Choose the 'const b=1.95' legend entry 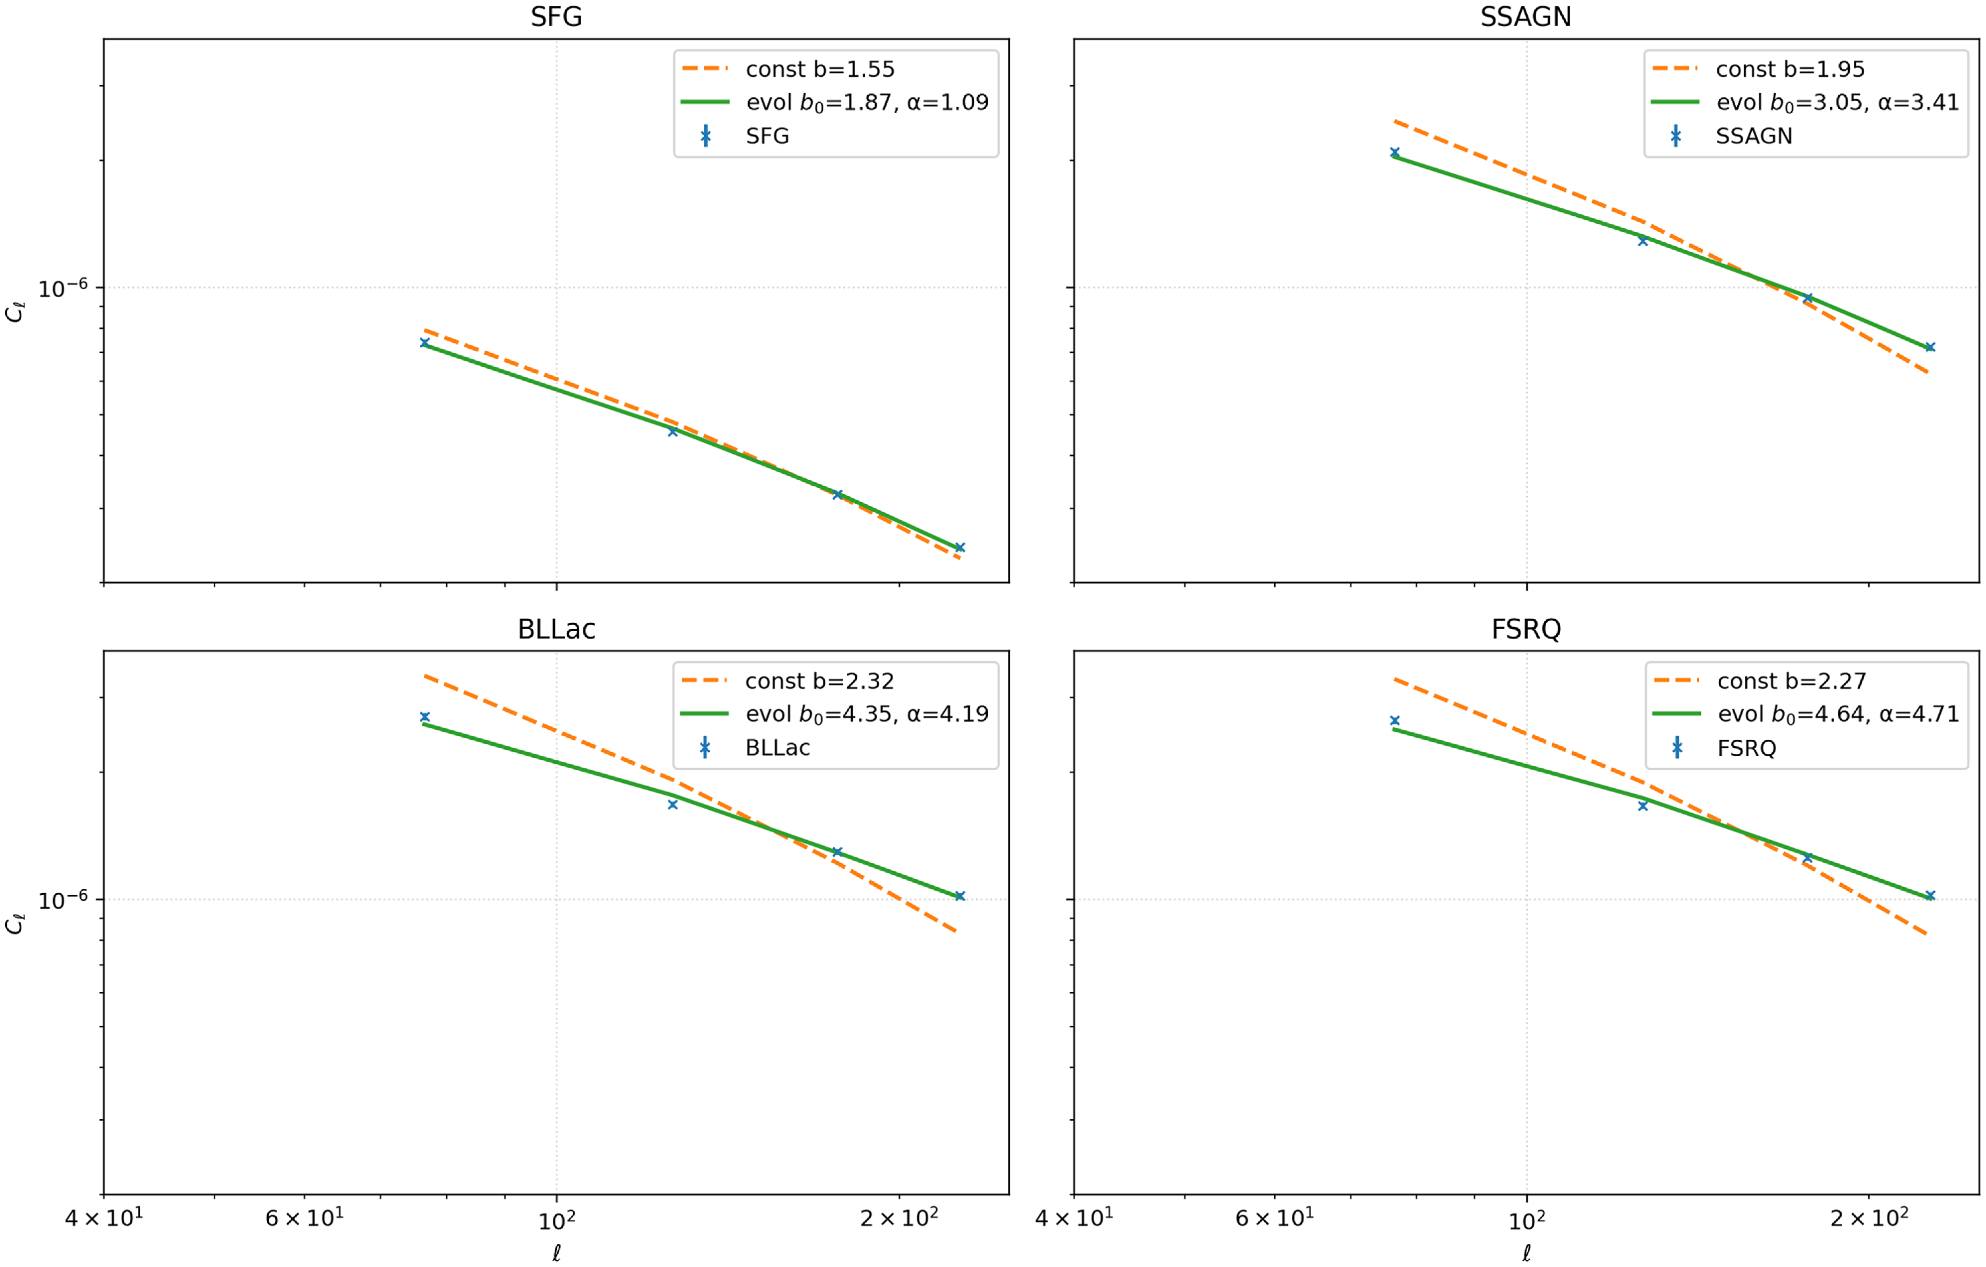pos(1758,69)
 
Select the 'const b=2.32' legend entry pos(788,681)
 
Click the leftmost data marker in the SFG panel pos(425,343)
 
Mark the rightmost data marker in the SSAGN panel pos(1929,347)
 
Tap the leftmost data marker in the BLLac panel pos(425,717)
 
